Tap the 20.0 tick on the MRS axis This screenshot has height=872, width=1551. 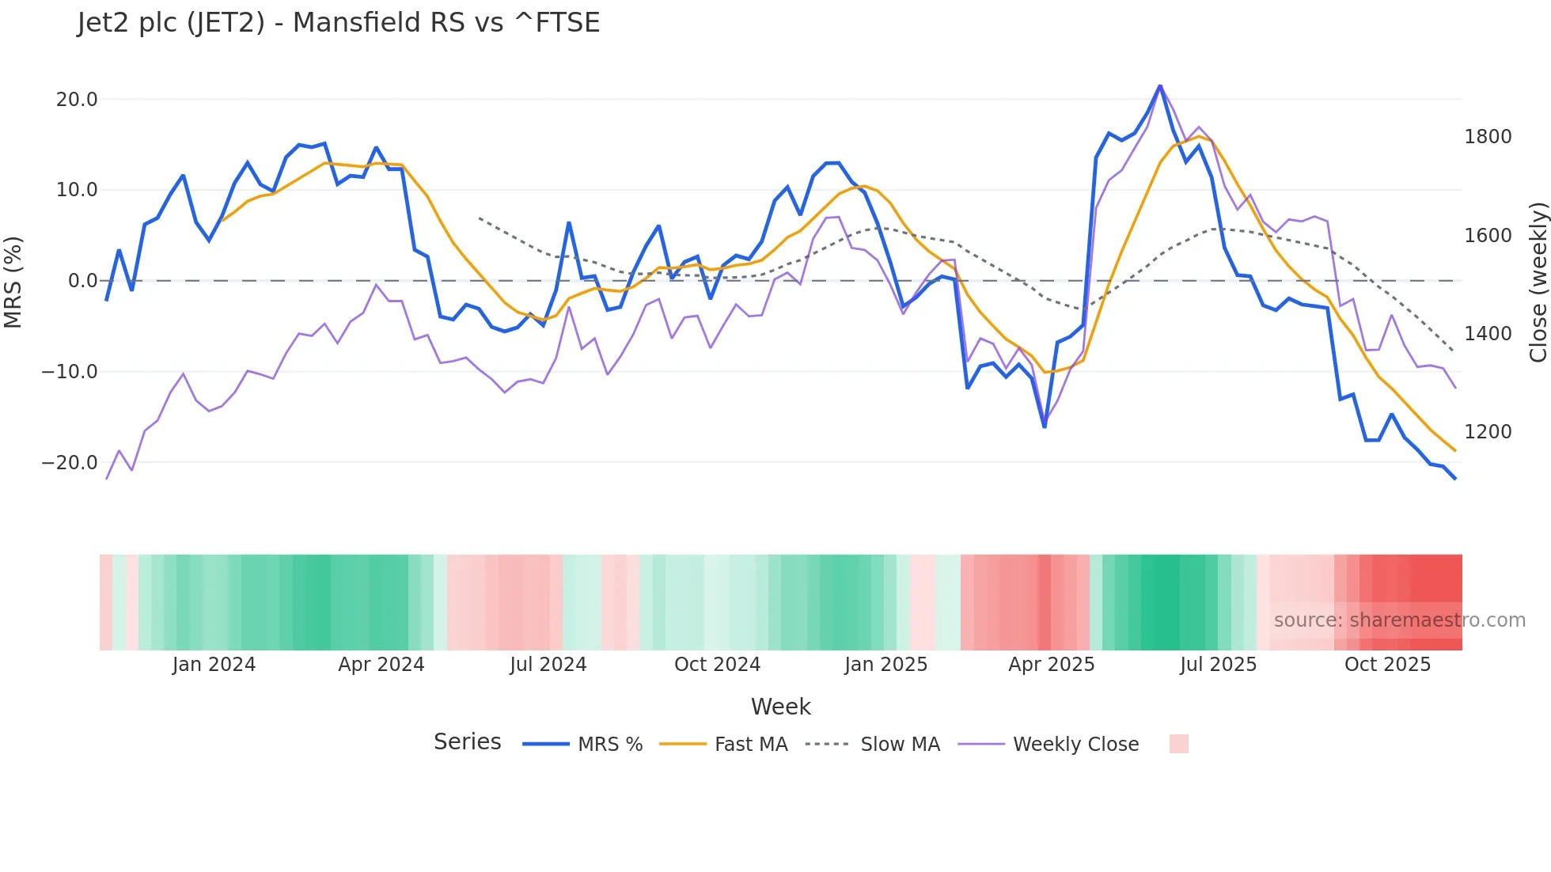point(77,100)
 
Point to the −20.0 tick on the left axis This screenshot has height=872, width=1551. point(70,463)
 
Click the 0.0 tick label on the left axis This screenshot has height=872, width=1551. point(82,281)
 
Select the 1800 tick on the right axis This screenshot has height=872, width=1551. point(1488,137)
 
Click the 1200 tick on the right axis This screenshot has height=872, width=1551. point(1488,432)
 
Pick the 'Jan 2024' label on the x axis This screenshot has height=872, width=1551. point(214,665)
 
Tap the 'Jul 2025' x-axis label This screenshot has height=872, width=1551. point(1218,665)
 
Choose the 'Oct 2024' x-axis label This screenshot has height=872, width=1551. point(717,665)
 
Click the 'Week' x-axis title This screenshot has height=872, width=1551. point(780,707)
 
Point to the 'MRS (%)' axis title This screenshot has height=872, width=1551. point(13,282)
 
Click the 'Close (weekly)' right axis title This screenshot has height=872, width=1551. point(1538,282)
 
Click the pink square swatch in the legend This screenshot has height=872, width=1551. point(1178,744)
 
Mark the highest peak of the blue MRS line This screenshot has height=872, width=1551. point(1160,85)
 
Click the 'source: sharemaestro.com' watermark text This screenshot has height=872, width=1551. point(1399,620)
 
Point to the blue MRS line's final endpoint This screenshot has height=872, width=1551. point(1455,479)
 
